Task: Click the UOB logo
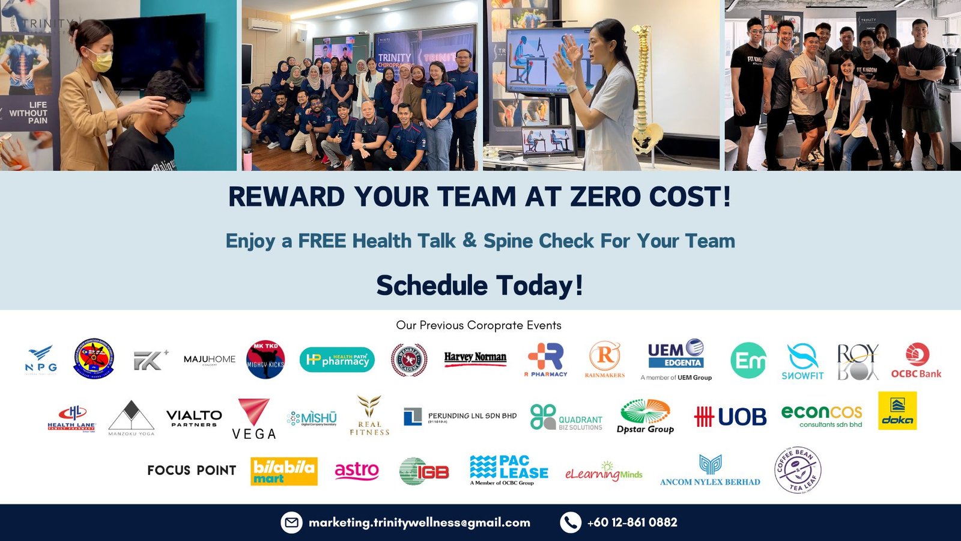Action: tap(730, 416)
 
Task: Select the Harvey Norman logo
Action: tap(475, 359)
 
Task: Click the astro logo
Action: tap(357, 471)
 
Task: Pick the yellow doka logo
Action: tap(897, 411)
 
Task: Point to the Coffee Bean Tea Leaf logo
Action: tap(798, 470)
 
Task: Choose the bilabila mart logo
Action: tap(283, 471)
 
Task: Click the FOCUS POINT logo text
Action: tap(192, 470)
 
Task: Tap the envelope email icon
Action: tap(291, 522)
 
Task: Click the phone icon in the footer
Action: tap(570, 522)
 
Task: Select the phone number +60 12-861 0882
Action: tap(632, 522)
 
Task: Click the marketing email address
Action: tap(419, 522)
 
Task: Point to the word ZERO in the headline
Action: tap(605, 197)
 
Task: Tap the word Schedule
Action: tap(432, 285)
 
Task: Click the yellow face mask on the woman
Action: tap(100, 61)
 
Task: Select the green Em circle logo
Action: tap(748, 361)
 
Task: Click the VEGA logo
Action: tap(254, 419)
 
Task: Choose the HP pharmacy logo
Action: tap(337, 359)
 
